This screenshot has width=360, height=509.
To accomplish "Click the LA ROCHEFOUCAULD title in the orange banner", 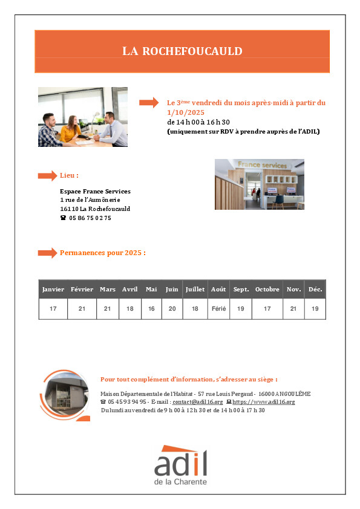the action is click(182, 51).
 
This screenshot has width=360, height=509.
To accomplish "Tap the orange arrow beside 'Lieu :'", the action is click(47, 176).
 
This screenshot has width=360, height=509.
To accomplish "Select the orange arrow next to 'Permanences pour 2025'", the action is click(47, 253).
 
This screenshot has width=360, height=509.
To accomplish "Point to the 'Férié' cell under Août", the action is click(218, 309).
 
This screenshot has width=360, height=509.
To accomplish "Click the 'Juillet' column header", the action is click(195, 289).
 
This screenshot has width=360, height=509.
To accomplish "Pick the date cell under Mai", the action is click(151, 309).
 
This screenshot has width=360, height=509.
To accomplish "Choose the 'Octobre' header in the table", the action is click(267, 289).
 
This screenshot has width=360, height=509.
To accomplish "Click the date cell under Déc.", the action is click(315, 309).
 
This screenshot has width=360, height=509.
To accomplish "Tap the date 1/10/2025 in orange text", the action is click(186, 112).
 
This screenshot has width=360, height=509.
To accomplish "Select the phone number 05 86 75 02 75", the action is click(90, 218).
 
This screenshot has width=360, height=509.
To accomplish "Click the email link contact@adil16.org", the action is click(197, 402).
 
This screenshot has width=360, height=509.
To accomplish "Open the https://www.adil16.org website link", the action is click(264, 402).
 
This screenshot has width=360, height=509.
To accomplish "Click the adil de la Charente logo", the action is click(181, 465).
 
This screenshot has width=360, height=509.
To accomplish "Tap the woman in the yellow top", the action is click(71, 129).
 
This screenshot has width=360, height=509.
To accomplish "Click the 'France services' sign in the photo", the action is click(263, 165).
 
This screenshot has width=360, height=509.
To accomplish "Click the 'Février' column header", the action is click(82, 289).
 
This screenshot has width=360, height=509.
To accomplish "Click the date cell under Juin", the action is click(172, 309).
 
